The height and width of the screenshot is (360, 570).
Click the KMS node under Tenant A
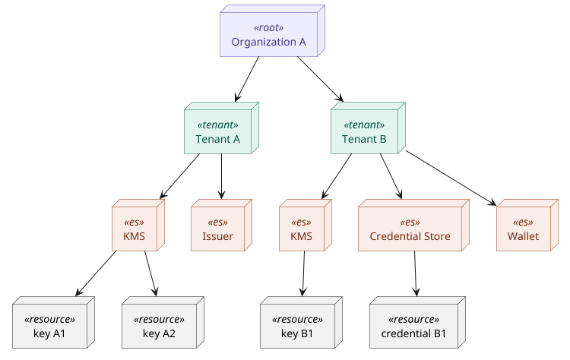pyautogui.click(x=134, y=229)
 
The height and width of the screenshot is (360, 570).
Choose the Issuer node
pyautogui.click(x=217, y=229)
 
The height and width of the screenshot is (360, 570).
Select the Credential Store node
pyautogui.click(x=410, y=229)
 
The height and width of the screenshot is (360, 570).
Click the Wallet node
pyautogui.click(x=522, y=229)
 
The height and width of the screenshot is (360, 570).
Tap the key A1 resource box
pyautogui.click(x=50, y=327)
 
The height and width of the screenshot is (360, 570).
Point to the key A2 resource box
pyautogui.click(x=159, y=327)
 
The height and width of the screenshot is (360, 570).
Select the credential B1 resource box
pyautogui.click(x=413, y=327)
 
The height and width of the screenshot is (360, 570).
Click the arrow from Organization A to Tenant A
pyautogui.click(x=248, y=79)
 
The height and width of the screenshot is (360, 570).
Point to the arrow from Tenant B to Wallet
pyautogui.click(x=451, y=178)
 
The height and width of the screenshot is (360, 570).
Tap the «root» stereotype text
pyautogui.click(x=268, y=27)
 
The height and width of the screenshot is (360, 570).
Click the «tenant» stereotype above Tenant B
pyautogui.click(x=364, y=125)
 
